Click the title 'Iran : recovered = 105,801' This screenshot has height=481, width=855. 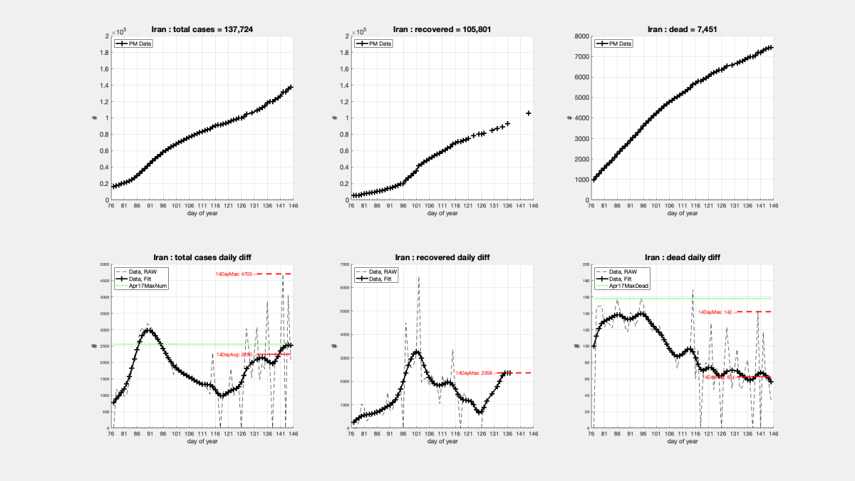click(x=442, y=29)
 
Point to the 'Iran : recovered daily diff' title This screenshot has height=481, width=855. click(x=442, y=257)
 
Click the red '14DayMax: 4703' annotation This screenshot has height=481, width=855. click(x=234, y=274)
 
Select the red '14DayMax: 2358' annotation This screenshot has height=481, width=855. click(x=475, y=373)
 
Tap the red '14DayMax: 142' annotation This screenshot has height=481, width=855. click(x=715, y=312)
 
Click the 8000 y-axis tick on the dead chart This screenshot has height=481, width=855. click(x=581, y=36)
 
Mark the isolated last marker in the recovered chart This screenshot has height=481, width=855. click(x=529, y=113)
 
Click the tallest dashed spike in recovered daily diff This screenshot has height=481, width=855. click(x=419, y=278)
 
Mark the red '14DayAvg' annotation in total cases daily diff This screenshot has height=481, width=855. click(x=234, y=354)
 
